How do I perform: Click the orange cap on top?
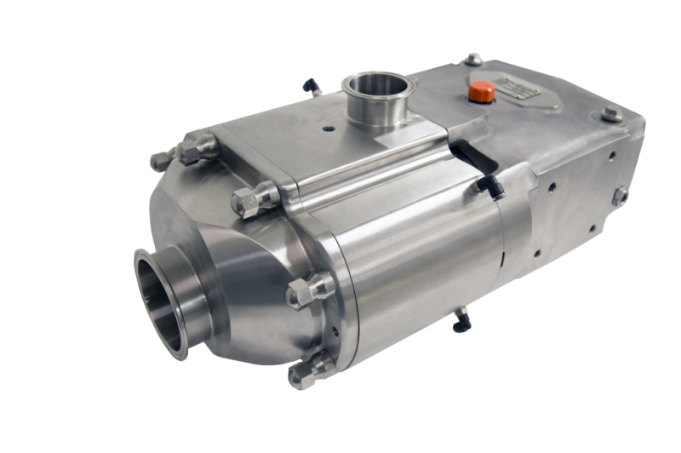482,91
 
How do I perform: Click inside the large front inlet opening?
160,301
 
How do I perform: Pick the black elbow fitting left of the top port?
312,86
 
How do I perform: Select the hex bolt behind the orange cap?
472,60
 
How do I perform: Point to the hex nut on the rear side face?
619,196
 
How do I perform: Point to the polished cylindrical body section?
426,255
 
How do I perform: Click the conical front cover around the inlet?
247,281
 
